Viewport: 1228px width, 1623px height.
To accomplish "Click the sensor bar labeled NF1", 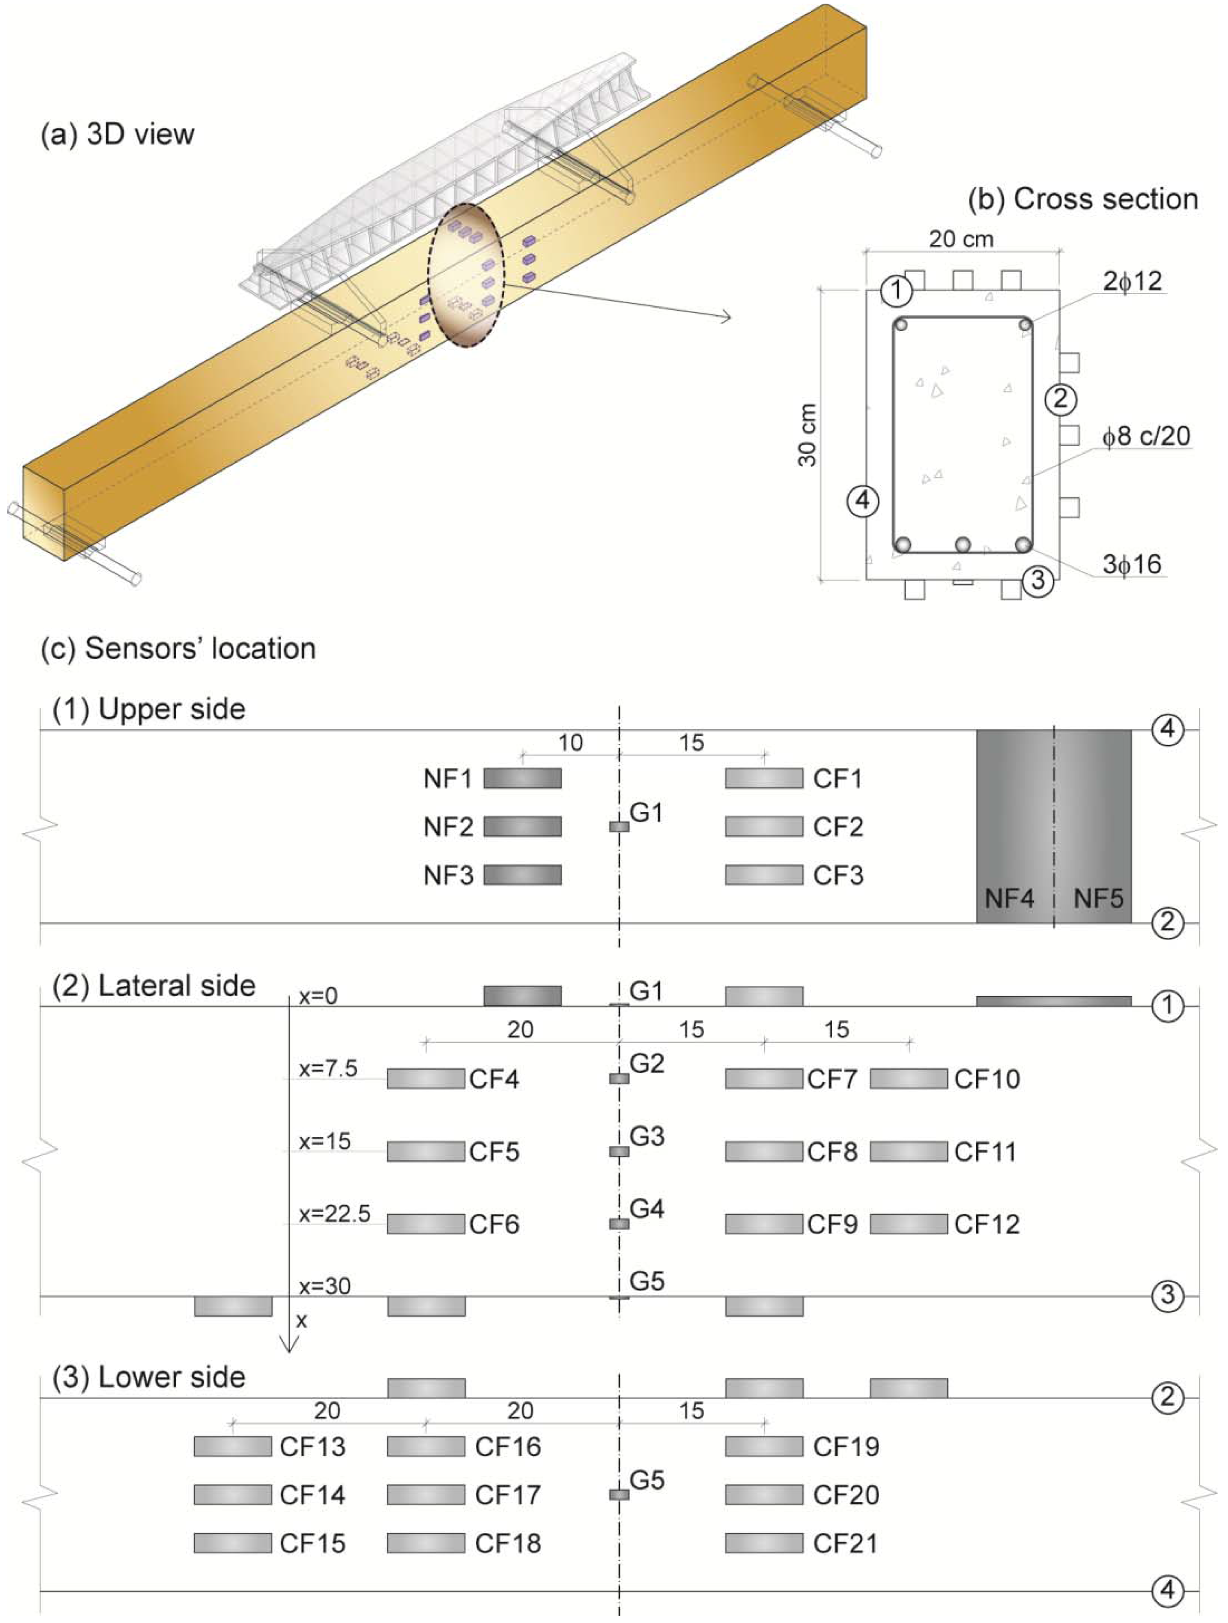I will coord(522,778).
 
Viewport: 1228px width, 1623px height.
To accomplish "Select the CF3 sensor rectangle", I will coord(764,875).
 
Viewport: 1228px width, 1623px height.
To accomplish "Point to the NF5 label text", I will coord(1098,898).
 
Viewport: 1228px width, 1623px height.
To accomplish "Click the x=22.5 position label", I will coord(334,1214).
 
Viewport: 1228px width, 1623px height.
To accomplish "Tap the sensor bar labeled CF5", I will coord(426,1151).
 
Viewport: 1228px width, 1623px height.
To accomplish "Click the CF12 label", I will coord(987,1224).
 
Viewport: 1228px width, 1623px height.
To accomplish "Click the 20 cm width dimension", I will coord(961,239).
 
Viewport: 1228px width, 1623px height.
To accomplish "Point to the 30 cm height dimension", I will coord(808,435).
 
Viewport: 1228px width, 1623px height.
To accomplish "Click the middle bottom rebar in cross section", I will coord(962,544).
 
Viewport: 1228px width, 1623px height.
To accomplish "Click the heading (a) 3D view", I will coord(117,134).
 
